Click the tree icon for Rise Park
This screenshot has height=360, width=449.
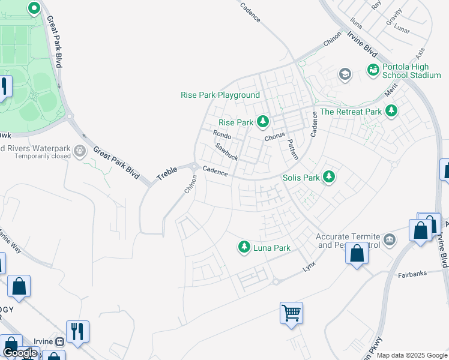[262, 122]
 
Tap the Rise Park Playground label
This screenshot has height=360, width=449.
[220, 95]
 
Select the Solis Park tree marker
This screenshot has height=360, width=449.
[328, 177]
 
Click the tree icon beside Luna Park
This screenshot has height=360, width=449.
[244, 247]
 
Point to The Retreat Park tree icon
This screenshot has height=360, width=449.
[391, 111]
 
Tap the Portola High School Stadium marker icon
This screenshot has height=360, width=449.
[373, 70]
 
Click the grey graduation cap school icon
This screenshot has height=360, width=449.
[345, 74]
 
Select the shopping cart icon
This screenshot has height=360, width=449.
[291, 313]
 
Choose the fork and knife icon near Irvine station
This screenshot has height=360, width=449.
[77, 331]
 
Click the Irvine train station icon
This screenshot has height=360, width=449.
[59, 341]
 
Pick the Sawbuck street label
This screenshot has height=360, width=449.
[227, 152]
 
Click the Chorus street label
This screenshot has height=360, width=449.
[274, 137]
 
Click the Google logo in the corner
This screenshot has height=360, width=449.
[20, 353]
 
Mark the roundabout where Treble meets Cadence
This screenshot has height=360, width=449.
[195, 167]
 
